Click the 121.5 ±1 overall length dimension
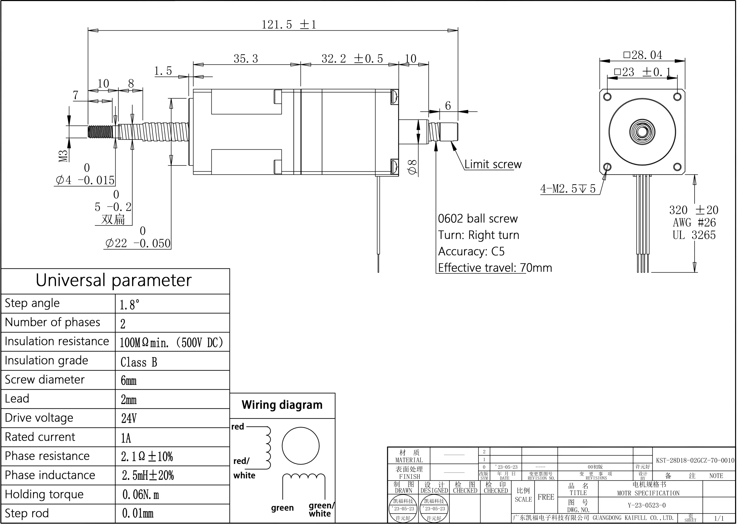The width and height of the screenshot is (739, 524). pos(289,25)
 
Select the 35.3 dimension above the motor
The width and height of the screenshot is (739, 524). pos(246,59)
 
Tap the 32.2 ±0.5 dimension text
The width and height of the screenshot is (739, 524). pos(352,59)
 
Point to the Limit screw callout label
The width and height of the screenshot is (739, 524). pos(493,165)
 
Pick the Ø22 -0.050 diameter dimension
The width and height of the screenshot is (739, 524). pos(138,243)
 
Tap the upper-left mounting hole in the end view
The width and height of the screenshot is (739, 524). pos(607,96)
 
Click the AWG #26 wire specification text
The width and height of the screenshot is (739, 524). pos(694,223)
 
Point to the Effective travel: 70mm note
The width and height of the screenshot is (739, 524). pos(495,268)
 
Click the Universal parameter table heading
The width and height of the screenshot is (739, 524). pos(113,280)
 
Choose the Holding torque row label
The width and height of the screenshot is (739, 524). pos(44,494)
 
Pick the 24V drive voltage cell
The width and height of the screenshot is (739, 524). pos(129,419)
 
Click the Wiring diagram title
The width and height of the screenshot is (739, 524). pos(282,405)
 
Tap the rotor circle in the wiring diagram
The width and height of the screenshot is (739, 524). pos(300,446)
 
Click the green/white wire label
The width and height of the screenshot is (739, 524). pos(321,509)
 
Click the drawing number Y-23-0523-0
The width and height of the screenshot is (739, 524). pos(646,505)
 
